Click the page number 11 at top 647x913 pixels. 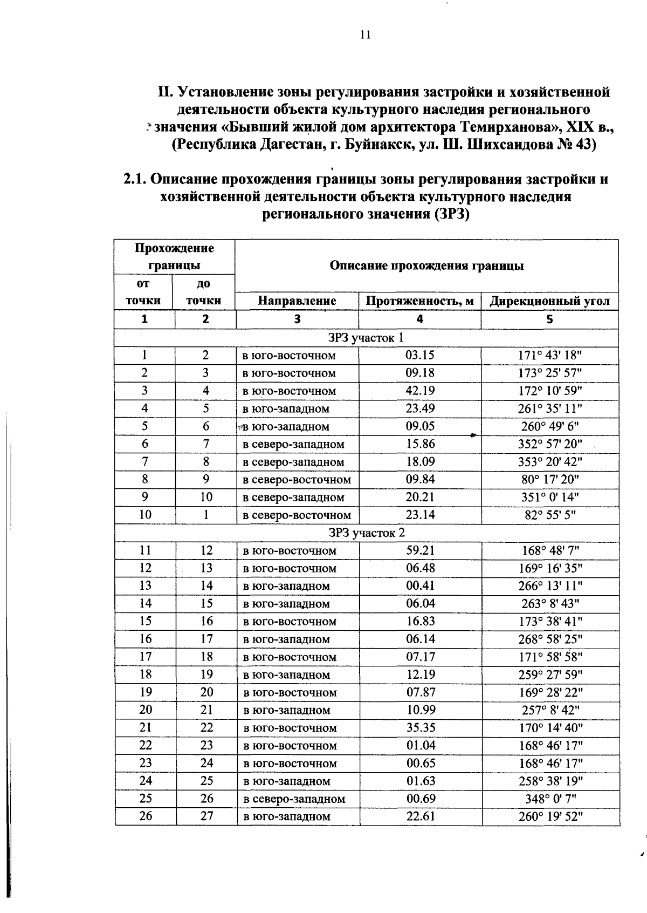364,35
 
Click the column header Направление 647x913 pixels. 297,301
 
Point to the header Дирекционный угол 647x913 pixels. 549,301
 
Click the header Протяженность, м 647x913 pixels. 419,301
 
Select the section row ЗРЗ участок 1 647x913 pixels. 366,338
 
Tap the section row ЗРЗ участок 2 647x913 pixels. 367,533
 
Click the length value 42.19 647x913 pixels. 420,391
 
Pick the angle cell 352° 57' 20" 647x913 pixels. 550,444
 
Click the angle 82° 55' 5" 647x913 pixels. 550,515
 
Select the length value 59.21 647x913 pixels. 420,550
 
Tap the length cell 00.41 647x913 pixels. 420,586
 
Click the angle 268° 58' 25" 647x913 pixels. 550,639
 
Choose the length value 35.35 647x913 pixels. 421,728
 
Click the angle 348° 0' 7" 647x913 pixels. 550,799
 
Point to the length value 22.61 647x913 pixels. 421,816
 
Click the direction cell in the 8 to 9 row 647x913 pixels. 297,480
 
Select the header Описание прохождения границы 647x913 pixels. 426,265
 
